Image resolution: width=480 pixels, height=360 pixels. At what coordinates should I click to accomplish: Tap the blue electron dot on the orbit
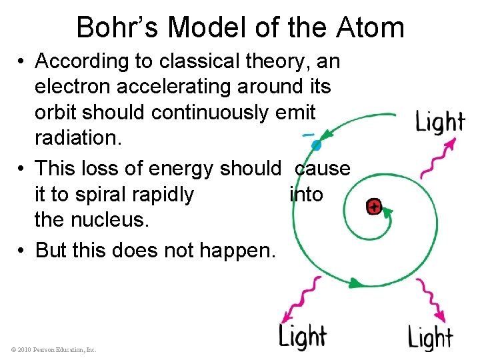pos(316,144)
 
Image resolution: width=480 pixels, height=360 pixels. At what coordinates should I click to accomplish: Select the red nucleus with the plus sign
pos(374,207)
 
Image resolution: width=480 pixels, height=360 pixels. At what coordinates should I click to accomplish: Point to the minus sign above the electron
pos(309,134)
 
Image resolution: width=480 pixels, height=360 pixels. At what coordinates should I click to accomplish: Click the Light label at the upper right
pos(440,122)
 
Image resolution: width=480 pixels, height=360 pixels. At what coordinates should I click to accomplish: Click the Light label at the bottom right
pos(431,337)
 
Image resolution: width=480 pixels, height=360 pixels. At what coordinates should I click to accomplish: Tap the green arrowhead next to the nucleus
pos(387,213)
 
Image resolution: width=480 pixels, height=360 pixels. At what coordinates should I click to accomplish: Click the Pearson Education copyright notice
pos(53,349)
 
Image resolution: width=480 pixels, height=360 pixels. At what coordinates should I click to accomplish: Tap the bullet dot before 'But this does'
pos(22,250)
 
